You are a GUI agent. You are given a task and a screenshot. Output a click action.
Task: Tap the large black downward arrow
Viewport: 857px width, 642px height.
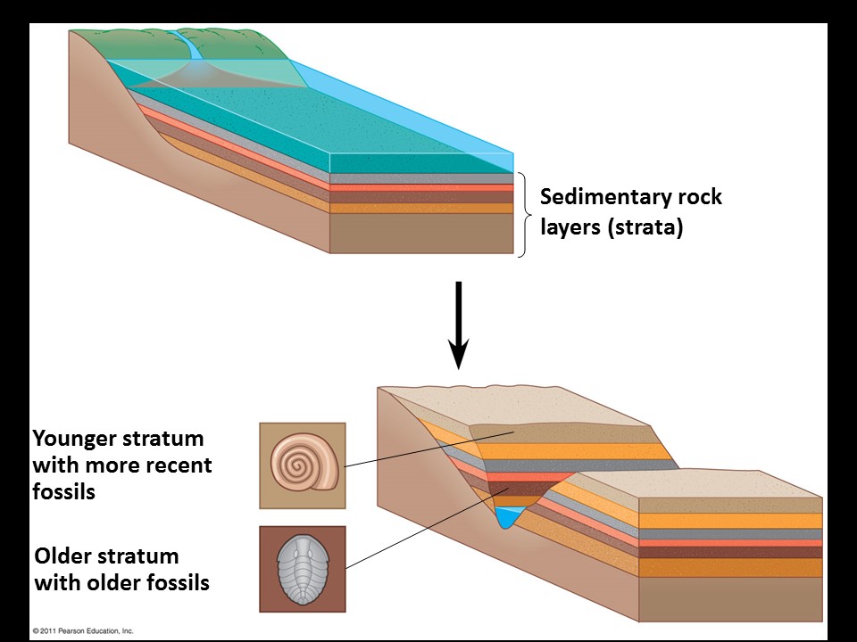(457, 326)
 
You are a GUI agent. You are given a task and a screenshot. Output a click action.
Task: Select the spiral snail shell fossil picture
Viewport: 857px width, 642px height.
(302, 465)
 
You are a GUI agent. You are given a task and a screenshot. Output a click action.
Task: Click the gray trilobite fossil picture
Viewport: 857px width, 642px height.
(302, 568)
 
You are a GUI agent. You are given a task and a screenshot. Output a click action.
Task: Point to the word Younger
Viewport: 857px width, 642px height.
(73, 440)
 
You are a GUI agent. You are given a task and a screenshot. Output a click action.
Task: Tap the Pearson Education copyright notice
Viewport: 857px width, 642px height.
(82, 630)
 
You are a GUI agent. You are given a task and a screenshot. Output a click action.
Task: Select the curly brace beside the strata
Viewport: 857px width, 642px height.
(526, 213)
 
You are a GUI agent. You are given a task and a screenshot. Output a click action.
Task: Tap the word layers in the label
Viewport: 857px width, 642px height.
(570, 227)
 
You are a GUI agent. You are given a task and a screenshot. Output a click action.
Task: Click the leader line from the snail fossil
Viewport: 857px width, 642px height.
(420, 450)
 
